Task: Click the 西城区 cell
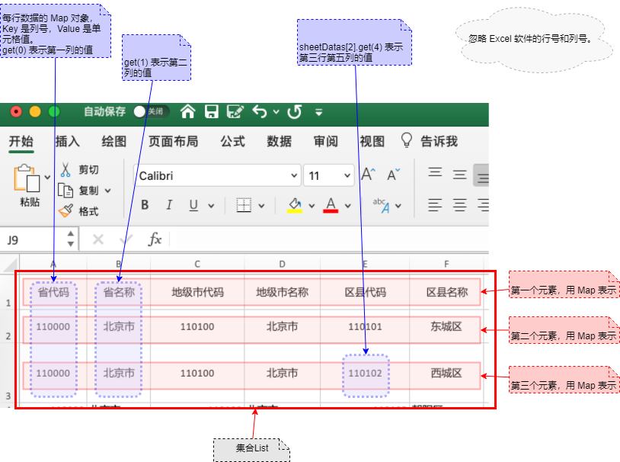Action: click(x=446, y=374)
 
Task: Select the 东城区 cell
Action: click(x=446, y=326)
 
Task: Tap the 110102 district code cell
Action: click(x=365, y=374)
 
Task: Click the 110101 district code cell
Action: click(x=365, y=326)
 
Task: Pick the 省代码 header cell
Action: click(x=53, y=292)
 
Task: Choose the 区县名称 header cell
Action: click(x=446, y=292)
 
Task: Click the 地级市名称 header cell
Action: click(x=282, y=292)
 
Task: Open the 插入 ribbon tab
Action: click(x=68, y=141)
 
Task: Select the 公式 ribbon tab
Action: click(x=232, y=141)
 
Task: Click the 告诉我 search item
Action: click(x=430, y=141)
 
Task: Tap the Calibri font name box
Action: click(x=217, y=175)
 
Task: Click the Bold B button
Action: click(x=145, y=205)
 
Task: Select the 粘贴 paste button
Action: click(x=29, y=186)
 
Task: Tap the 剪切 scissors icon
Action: click(x=66, y=169)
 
